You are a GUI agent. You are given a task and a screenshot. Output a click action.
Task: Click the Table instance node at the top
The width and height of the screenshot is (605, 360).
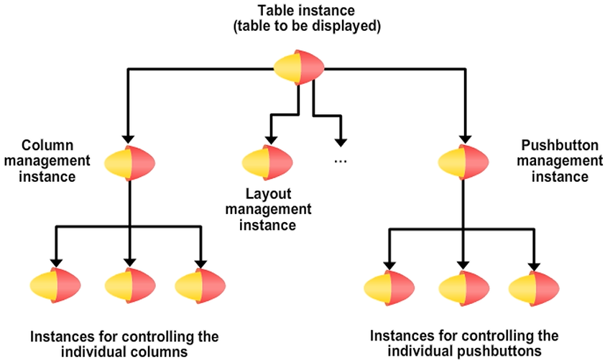[x=297, y=68]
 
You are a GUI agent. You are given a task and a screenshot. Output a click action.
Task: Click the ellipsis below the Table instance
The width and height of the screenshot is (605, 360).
[x=341, y=161]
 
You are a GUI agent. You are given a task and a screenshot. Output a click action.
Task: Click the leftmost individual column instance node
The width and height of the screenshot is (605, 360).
[x=55, y=285]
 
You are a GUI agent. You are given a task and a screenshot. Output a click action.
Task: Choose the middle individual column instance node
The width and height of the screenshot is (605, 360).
[x=130, y=285]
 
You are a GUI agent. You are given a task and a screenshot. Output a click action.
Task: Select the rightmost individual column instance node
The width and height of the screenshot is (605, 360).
[x=200, y=285]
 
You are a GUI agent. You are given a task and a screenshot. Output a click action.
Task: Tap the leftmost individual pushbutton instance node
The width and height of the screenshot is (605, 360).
[x=389, y=287]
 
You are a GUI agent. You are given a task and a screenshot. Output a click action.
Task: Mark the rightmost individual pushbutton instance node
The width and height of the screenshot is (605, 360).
[x=534, y=287]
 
